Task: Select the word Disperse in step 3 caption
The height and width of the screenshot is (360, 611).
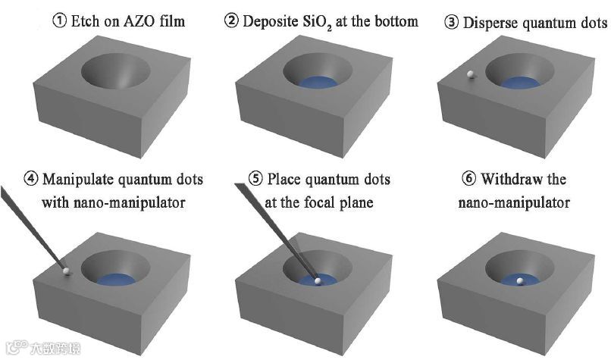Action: pos(489,22)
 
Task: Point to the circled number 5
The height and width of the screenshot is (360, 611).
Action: pos(256,180)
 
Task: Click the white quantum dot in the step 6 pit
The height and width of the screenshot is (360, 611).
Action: pos(519,281)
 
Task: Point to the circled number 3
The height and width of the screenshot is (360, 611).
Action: pos(453,22)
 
